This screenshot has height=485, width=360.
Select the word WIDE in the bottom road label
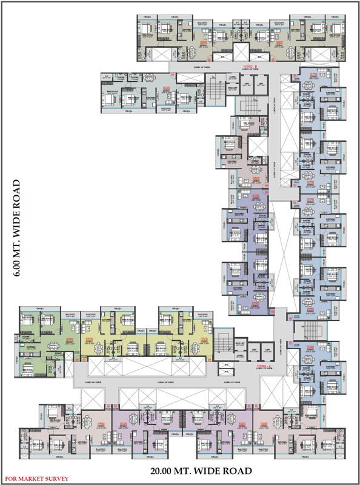click(213, 470)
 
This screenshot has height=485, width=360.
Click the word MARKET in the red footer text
click(35, 479)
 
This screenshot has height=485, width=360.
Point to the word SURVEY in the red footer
click(58, 479)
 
